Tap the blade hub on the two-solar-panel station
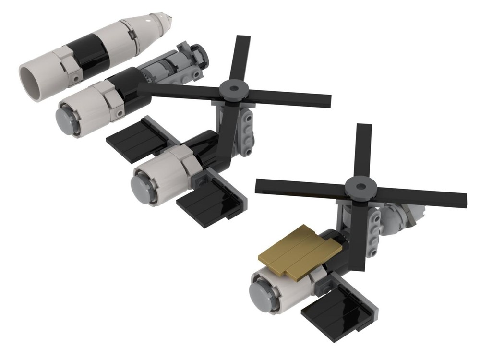tap(232, 89)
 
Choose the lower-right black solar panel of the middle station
tap(209, 202)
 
